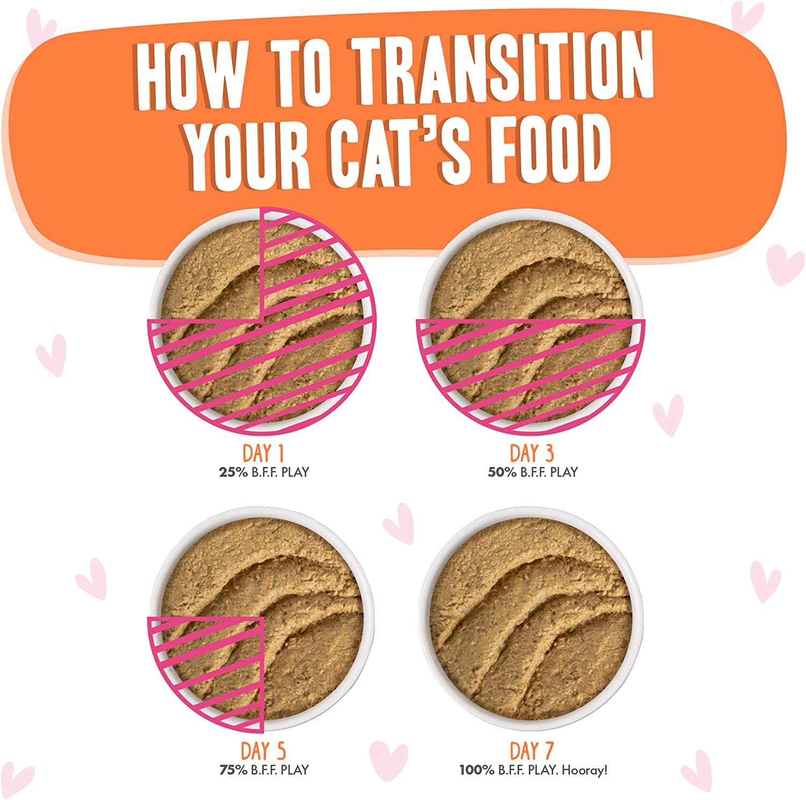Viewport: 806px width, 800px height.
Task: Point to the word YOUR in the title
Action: click(248, 157)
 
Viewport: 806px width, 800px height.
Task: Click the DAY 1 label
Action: click(263, 453)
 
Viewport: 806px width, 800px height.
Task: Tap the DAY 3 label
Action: click(531, 453)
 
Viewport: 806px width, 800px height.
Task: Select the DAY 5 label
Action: click(263, 751)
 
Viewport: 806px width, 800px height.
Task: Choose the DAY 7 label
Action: click(531, 751)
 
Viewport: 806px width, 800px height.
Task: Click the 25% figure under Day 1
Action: click(233, 472)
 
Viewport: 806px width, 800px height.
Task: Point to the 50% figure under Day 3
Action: click(502, 472)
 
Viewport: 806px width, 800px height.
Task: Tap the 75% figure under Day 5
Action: click(233, 770)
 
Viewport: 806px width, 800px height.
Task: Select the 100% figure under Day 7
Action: click(477, 770)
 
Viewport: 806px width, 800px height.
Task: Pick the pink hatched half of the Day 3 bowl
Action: click(531, 371)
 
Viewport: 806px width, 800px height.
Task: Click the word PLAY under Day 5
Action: click(295, 770)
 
